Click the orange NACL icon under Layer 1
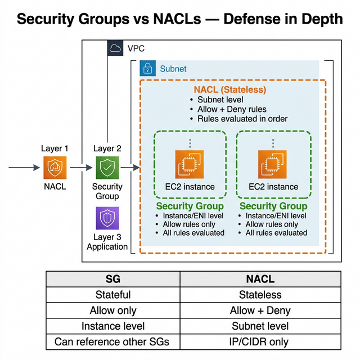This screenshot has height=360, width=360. (x=55, y=168)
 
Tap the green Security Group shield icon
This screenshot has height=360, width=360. (x=107, y=168)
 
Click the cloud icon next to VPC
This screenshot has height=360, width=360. (x=115, y=48)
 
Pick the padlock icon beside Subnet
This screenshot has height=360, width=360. (x=148, y=69)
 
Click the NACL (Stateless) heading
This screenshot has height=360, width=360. (x=229, y=89)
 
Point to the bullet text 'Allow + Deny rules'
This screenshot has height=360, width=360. (x=231, y=109)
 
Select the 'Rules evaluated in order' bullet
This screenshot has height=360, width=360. (x=242, y=119)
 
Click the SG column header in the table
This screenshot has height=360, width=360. (x=112, y=279)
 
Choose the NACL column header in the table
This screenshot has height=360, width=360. (x=260, y=279)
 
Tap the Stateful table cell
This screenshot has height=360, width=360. (x=112, y=295)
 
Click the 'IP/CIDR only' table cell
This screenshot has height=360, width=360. (x=260, y=341)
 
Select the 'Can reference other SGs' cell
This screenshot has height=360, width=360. (x=112, y=341)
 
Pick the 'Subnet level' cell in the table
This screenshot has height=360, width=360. (x=260, y=326)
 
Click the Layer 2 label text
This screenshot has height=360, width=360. (x=107, y=148)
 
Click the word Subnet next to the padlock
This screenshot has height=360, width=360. (x=173, y=69)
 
